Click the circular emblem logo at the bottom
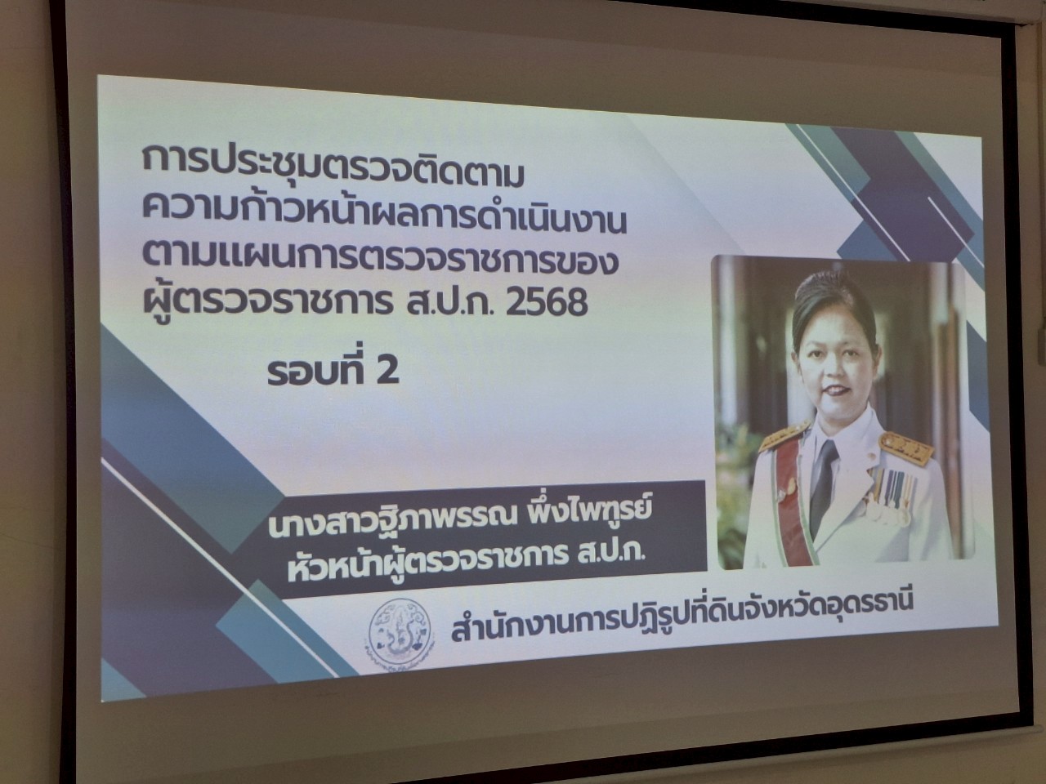(400, 632)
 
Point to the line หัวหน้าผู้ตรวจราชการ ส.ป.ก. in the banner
(467, 559)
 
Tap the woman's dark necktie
(824, 486)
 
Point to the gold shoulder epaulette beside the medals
(905, 448)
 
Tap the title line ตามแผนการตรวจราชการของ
(380, 261)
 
